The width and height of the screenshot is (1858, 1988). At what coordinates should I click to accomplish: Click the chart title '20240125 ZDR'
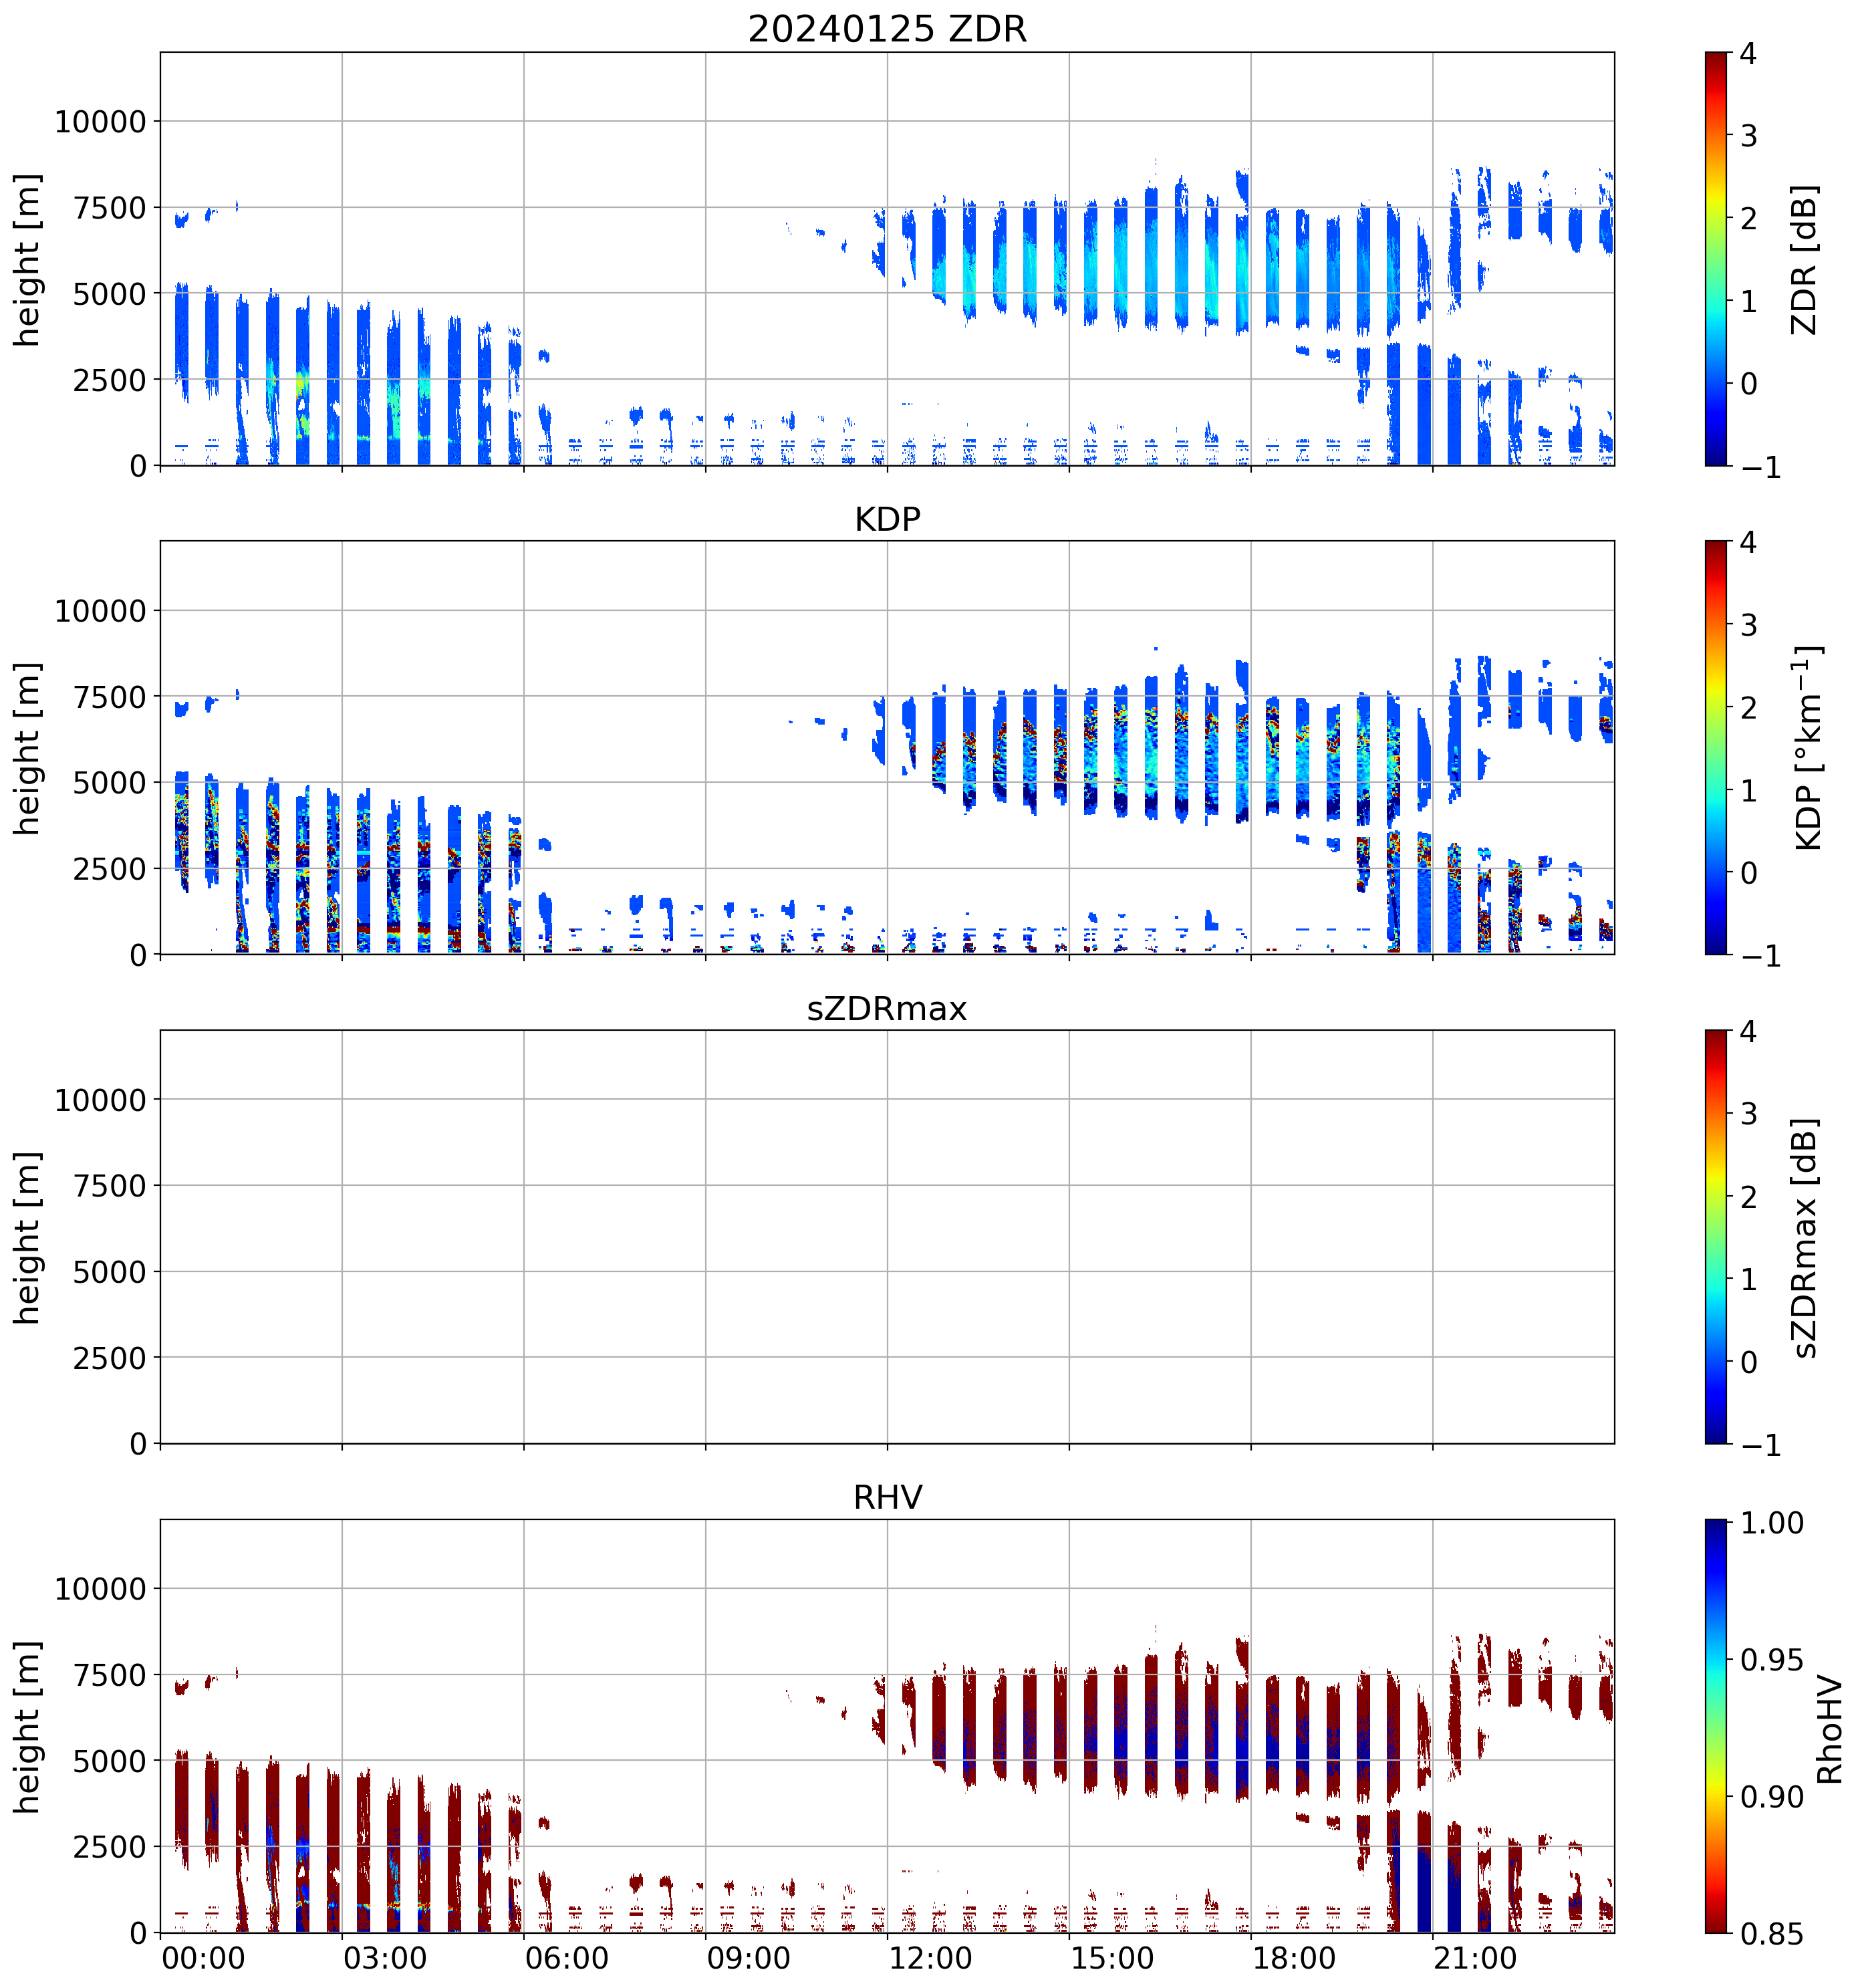pos(887,29)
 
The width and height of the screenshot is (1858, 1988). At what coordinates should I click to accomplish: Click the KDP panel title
pos(887,519)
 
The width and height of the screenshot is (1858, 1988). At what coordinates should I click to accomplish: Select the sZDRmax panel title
pos(887,1008)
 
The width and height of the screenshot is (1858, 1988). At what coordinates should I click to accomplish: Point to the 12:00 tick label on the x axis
pos(930,1957)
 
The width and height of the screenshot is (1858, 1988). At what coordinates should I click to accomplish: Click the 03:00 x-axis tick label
pos(385,1957)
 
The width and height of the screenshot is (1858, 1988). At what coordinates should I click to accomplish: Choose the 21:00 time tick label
pos(1475,1957)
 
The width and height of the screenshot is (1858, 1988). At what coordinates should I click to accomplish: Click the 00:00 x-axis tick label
pos(203,1957)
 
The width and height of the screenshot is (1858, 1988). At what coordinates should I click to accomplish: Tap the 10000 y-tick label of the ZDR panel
pos(100,122)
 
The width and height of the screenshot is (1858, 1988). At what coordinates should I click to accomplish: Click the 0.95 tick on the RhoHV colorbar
pos(1772,1660)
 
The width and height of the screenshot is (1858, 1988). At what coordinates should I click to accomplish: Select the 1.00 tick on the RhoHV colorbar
pos(1772,1523)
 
